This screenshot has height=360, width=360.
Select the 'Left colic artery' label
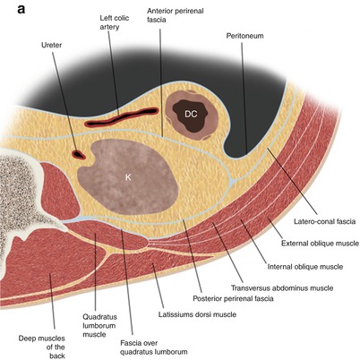tap(111, 21)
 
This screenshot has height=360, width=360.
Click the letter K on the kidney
tap(128, 177)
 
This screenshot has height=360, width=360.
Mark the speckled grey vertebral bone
tap(18, 193)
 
